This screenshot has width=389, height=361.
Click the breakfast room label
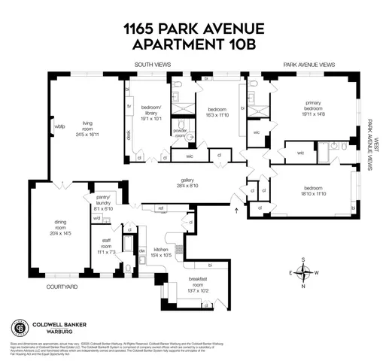pos(199,279)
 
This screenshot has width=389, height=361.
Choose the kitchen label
pos(163,247)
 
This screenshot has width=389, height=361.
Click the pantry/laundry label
pos(102,196)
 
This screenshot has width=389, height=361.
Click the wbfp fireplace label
pos(59,126)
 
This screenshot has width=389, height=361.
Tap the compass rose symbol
pos(302,272)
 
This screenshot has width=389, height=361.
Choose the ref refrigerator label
pos(160,208)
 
